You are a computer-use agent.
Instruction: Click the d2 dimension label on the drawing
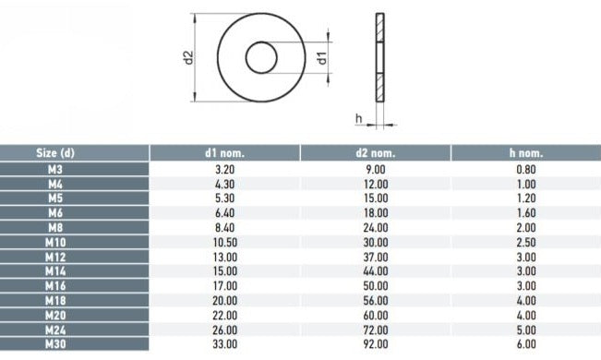pyautogui.click(x=188, y=57)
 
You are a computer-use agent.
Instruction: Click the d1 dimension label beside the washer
pyautogui.click(x=323, y=58)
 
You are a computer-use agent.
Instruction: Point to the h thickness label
pyautogui.click(x=359, y=118)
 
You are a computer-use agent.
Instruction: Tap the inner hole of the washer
pyautogui.click(x=261, y=57)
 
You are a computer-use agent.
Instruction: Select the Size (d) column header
pyautogui.click(x=55, y=153)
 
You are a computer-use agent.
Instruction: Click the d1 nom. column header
pyautogui.click(x=224, y=153)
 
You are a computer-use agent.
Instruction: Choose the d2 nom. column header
pyautogui.click(x=375, y=153)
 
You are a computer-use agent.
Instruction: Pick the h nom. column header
pyautogui.click(x=526, y=153)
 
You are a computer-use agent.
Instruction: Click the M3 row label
pyautogui.click(x=55, y=169)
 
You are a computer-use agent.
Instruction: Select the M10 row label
pyautogui.click(x=55, y=242)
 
